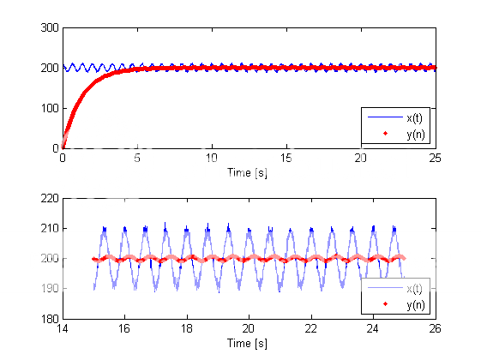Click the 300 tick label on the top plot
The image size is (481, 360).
tap(48, 27)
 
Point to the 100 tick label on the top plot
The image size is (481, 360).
tap(48, 108)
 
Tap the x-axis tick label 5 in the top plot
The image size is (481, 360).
tap(137, 159)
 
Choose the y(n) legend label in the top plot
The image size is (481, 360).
tap(414, 134)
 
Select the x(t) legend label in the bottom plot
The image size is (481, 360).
tap(414, 289)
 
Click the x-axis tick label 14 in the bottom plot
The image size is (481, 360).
tap(62, 329)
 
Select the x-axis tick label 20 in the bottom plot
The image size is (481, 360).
tap(249, 329)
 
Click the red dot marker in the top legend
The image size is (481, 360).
tap(384, 134)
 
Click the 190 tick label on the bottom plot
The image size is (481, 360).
tap(48, 289)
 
